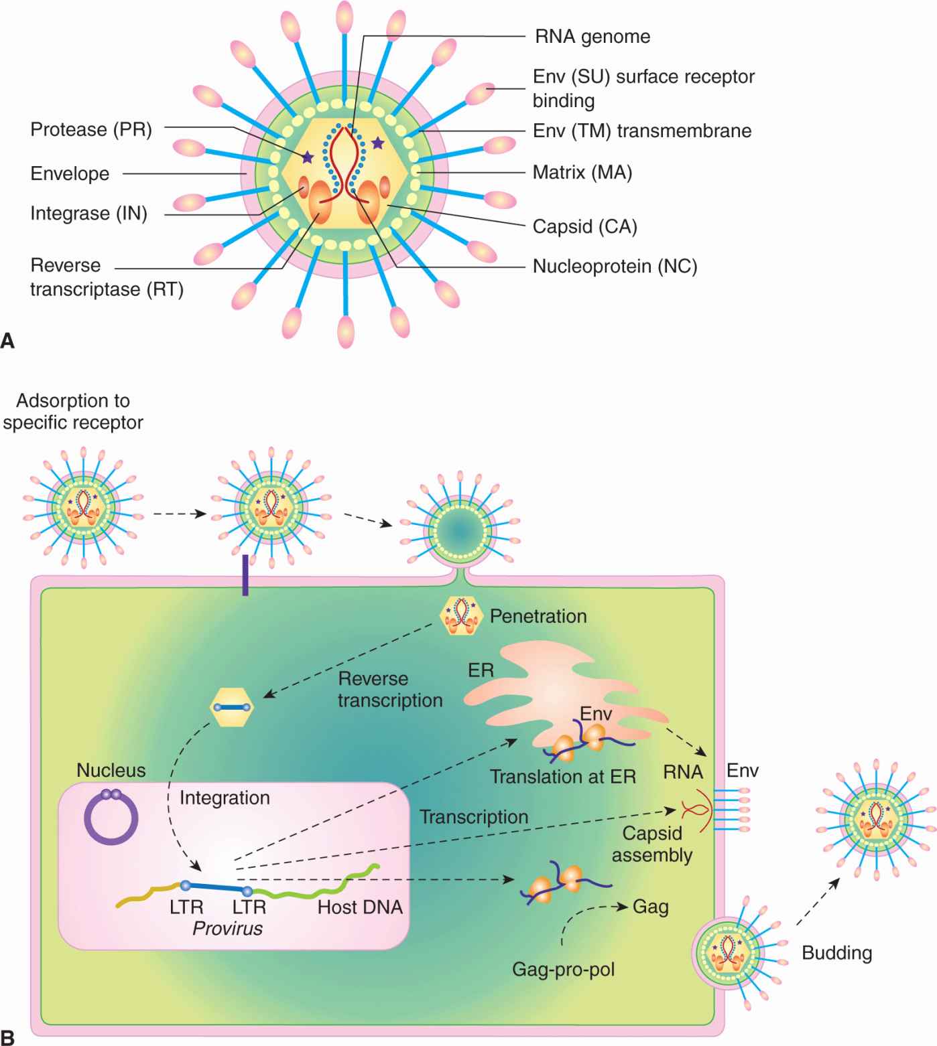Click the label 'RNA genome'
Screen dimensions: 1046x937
point(592,36)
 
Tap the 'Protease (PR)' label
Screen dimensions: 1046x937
point(91,129)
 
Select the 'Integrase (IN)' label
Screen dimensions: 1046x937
point(88,214)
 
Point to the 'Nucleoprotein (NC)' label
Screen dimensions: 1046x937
point(615,267)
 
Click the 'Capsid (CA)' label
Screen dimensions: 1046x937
point(584,226)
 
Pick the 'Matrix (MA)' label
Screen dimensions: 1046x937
point(582,173)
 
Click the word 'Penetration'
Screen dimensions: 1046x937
point(538,616)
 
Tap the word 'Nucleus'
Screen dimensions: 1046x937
point(111,770)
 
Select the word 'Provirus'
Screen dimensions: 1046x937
point(227,929)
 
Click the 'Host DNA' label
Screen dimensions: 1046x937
point(360,907)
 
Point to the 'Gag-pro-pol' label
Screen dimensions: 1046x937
point(563,969)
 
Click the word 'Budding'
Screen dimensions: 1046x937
point(836,953)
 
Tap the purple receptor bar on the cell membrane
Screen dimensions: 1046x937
point(245,575)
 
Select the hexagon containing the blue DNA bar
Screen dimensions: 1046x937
point(232,707)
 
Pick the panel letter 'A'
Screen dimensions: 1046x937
point(8,342)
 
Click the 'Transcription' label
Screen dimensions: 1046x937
point(474,817)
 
